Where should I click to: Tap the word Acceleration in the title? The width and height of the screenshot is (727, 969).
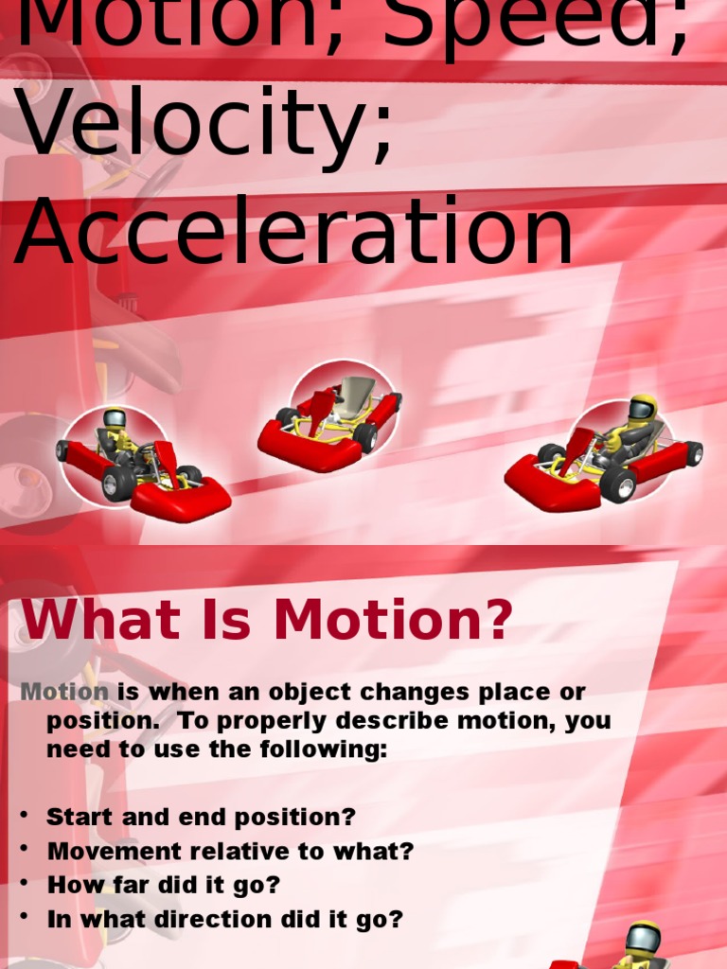click(x=293, y=233)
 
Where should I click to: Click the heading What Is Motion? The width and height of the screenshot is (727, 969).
click(x=266, y=620)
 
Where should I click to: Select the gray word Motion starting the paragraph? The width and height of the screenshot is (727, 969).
click(x=64, y=692)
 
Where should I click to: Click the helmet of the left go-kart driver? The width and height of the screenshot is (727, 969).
click(x=115, y=418)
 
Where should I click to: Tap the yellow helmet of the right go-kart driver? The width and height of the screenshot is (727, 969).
click(x=643, y=408)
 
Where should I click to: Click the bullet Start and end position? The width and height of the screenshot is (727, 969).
click(x=201, y=817)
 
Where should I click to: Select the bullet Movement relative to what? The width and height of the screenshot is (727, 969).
click(x=230, y=851)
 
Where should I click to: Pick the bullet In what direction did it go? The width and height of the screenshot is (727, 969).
click(x=224, y=919)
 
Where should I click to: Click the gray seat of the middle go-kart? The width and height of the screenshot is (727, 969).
click(x=356, y=393)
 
